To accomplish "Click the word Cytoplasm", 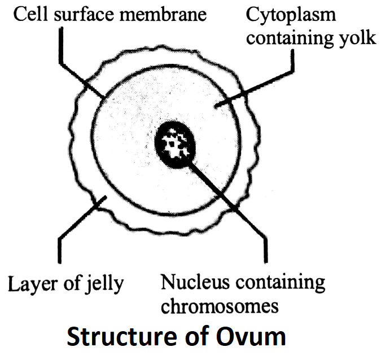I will point(288,16).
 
